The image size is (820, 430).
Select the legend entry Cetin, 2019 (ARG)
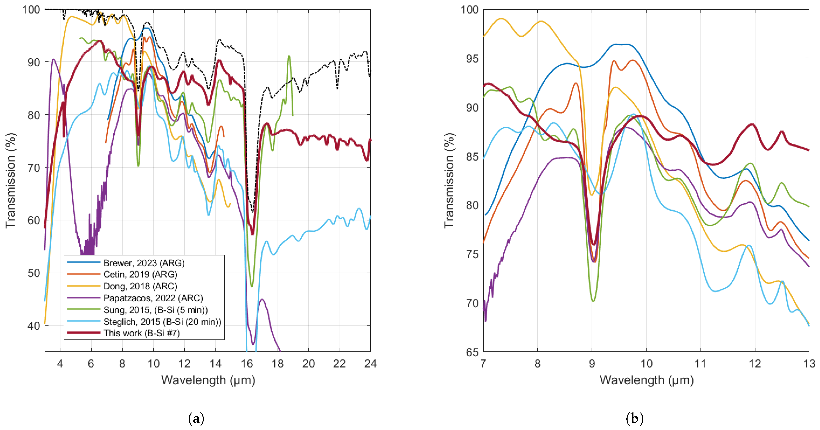click(x=140, y=274)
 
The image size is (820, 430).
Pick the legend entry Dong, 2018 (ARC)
click(x=140, y=286)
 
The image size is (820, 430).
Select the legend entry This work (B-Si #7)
click(x=141, y=333)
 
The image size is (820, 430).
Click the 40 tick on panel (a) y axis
click(x=34, y=326)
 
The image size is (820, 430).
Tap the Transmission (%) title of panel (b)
click(x=449, y=180)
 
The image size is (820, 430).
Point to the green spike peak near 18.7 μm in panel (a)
click(x=289, y=56)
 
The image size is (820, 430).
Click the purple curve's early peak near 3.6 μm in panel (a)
click(x=54, y=59)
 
